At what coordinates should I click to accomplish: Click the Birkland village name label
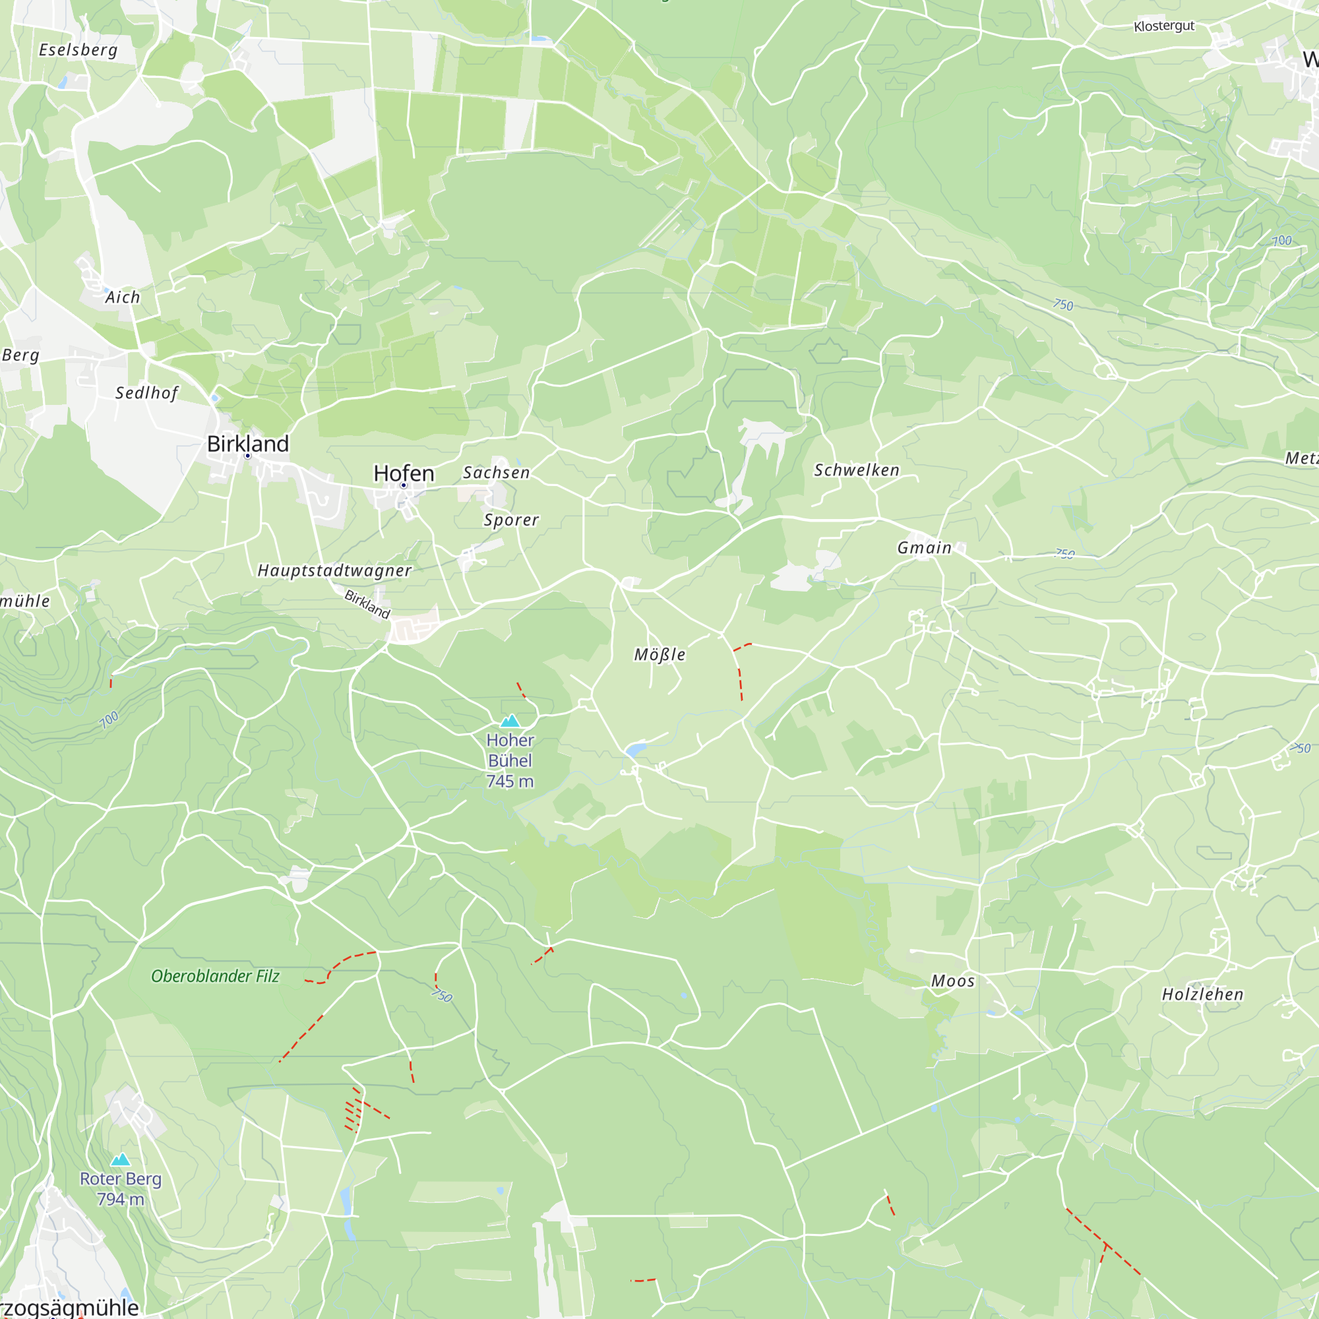point(248,444)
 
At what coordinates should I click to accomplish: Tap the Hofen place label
point(404,473)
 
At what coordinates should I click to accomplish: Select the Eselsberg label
point(78,50)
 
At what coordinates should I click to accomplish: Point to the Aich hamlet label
point(122,297)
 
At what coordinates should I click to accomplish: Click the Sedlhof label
point(146,392)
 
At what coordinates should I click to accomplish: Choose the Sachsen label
point(497,472)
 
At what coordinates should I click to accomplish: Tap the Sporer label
point(511,520)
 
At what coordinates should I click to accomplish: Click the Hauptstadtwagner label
point(334,570)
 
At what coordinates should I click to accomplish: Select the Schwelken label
point(857,470)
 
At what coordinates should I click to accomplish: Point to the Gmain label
point(925,547)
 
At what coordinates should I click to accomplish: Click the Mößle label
point(659,654)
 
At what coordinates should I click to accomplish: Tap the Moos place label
point(953,981)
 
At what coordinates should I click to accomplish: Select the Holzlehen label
point(1203,994)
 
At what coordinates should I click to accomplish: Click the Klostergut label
point(1164,26)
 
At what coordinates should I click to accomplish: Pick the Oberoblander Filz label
point(215,976)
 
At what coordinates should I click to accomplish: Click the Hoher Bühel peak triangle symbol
point(510,721)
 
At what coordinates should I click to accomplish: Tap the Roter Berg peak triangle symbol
point(121,1159)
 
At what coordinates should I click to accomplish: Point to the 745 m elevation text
point(510,781)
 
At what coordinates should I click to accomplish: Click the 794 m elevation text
point(121,1199)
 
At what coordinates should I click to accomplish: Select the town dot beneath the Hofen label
point(404,485)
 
